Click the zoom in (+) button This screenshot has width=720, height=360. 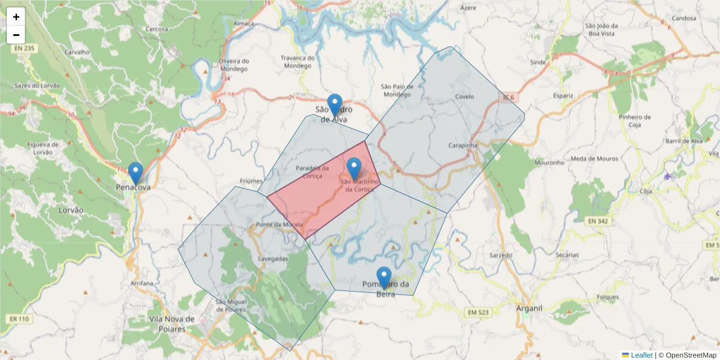coord(16,17)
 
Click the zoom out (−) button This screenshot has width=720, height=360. coord(16,35)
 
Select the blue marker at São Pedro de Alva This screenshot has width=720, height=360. coord(335,106)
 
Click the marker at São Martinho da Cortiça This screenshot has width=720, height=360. coord(354,169)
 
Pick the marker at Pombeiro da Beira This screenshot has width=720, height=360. coord(384,278)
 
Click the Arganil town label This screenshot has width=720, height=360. coord(529,308)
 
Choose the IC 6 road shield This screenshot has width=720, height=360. coord(509,97)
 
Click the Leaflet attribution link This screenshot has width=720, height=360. coord(641,355)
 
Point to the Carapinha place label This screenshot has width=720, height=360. coord(463,146)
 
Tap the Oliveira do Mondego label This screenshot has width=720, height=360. coord(234,65)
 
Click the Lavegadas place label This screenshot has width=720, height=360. coord(273,259)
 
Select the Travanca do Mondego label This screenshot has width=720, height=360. coord(298,62)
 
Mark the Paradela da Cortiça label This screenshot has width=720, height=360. coord(313,172)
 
